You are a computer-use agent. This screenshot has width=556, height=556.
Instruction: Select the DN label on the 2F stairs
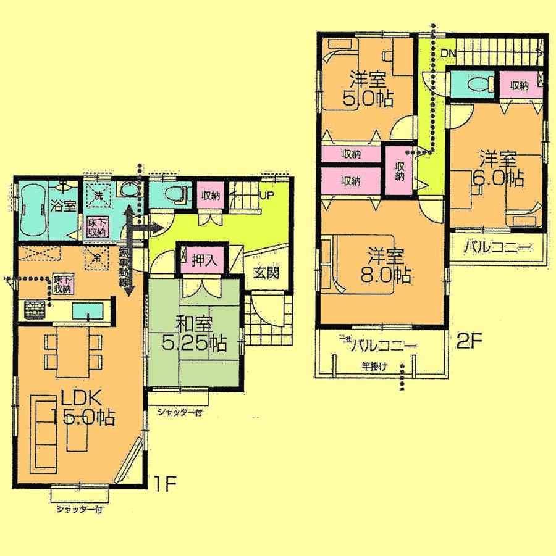tap(449, 54)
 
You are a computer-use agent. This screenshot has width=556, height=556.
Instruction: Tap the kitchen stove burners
tap(35, 308)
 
